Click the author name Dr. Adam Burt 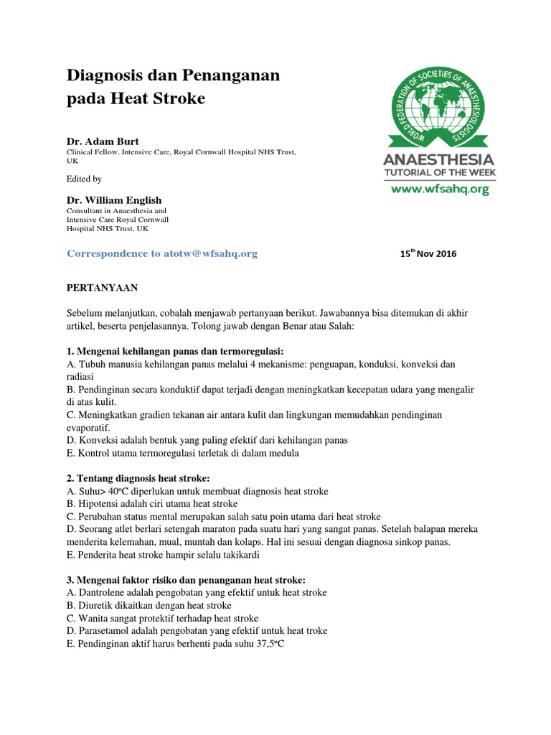coord(103,141)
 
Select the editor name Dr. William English coord(114,200)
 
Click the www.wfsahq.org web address coord(439,189)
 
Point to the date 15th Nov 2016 coord(427,253)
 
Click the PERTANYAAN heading coord(102,288)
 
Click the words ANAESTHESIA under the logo coord(439,159)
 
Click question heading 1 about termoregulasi coord(175,351)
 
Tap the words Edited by coord(84,179)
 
